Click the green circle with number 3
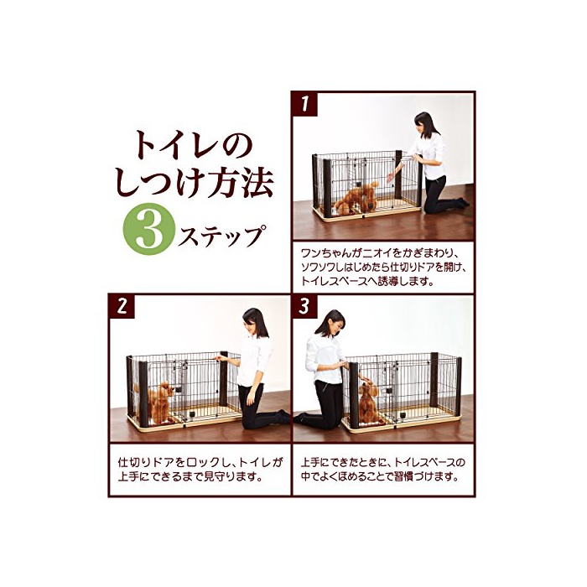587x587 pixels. [x=149, y=229]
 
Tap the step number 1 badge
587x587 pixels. [x=304, y=104]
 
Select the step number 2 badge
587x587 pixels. [x=122, y=307]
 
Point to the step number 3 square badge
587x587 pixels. [x=304, y=307]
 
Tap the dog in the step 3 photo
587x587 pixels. [x=369, y=402]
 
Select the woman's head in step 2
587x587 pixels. [x=254, y=322]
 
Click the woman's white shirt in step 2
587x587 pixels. [x=254, y=360]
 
